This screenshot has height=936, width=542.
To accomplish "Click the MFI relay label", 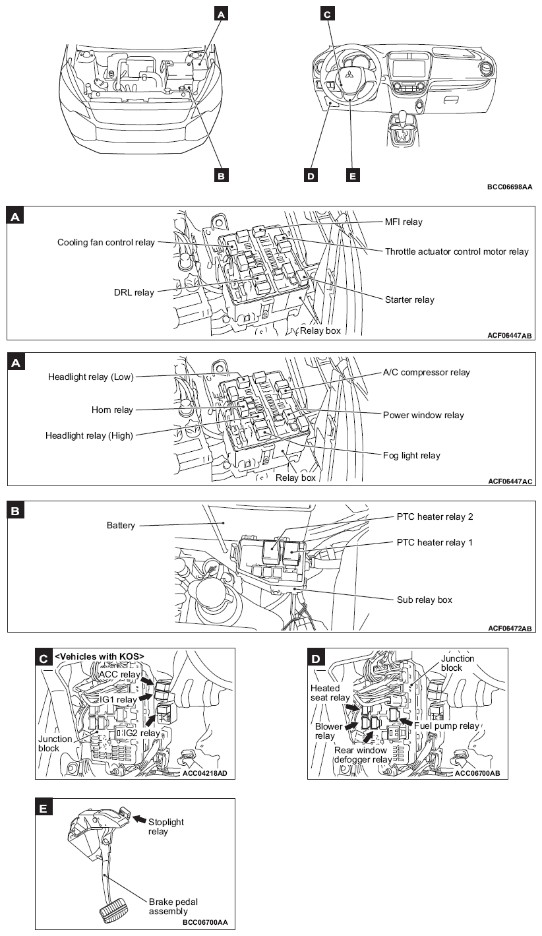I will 404,222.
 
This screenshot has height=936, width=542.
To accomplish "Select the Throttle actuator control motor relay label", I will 456,251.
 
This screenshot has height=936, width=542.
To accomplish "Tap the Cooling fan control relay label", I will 105,242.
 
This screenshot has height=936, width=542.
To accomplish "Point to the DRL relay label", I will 134,292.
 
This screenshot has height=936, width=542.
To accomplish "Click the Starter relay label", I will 409,299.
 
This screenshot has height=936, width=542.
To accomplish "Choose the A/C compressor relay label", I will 427,373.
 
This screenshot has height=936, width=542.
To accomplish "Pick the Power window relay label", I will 423,416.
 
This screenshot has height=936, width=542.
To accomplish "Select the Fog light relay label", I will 411,455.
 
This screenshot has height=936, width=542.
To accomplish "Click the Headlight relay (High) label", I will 89,435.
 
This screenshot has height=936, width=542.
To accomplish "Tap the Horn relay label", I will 112,410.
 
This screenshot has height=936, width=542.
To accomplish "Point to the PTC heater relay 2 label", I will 435,517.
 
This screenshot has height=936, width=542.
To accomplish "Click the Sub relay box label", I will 424,600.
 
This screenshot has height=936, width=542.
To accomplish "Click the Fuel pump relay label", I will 450,726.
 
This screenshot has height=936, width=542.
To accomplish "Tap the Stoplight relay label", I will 166,821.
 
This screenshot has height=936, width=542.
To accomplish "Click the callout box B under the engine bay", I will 222,175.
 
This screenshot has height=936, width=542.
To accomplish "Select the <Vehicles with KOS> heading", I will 99,656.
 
